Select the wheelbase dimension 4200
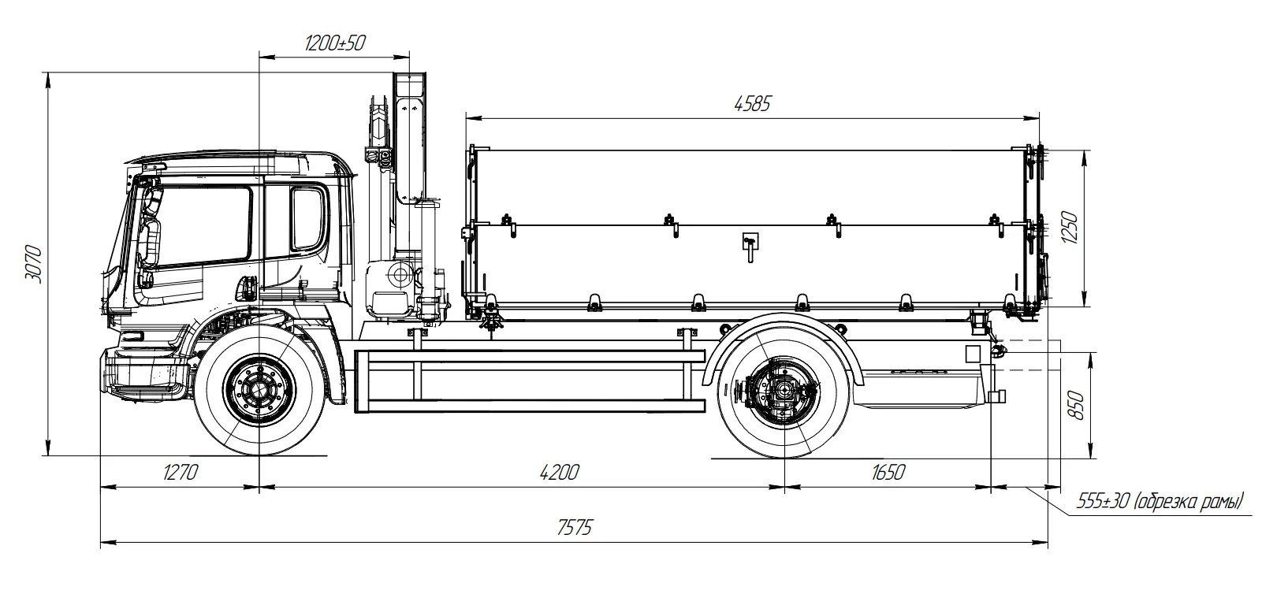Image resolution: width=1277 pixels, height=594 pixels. [559, 473]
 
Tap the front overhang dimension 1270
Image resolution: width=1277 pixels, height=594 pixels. [179, 473]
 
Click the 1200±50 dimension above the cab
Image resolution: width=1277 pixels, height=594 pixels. [334, 43]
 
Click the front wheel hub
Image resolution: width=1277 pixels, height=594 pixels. [259, 390]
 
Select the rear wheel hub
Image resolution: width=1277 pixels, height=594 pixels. [783, 391]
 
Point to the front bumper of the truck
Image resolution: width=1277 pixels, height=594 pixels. [142, 374]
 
